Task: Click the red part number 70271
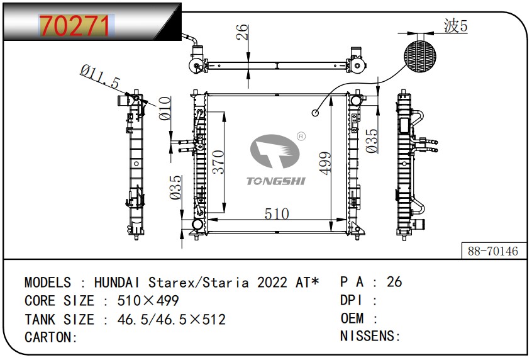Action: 75,26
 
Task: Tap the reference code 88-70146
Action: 492,251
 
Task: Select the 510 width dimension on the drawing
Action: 277,214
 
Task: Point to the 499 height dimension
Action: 324,164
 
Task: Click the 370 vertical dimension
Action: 218,162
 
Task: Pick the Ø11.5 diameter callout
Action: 100,77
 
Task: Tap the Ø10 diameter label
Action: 165,108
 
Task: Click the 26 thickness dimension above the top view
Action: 242,32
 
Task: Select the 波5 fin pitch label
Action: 456,26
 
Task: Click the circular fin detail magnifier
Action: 419,56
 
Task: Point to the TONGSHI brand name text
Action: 276,181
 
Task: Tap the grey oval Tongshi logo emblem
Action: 275,151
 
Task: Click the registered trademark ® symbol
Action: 301,137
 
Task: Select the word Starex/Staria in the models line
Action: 199,282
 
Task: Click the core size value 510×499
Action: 148,301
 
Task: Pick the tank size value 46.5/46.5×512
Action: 171,319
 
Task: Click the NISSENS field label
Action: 367,336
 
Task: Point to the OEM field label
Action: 352,318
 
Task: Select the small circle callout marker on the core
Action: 315,113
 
